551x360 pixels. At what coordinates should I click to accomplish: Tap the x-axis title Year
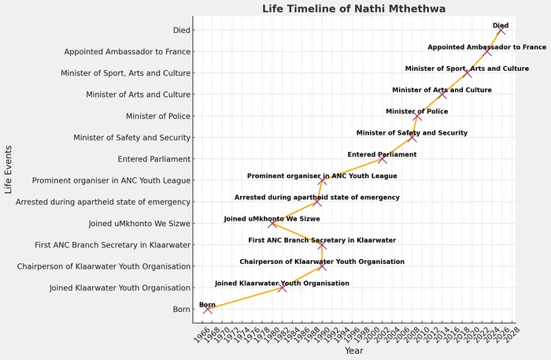[x=353, y=351]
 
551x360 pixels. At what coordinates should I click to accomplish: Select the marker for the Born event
[x=208, y=309]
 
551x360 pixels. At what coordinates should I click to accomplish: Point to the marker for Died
[x=501, y=30]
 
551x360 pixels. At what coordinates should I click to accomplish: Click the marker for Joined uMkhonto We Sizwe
[x=272, y=223]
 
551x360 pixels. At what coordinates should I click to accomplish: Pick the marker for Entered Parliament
[x=383, y=158]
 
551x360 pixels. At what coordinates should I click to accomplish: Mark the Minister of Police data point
[x=418, y=116]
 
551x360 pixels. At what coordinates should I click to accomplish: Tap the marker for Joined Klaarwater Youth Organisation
[x=283, y=288]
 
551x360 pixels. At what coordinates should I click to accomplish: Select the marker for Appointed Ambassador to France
[x=488, y=51]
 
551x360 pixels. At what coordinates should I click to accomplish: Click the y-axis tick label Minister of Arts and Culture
[x=138, y=95]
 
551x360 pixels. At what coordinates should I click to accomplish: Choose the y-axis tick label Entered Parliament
[x=153, y=159]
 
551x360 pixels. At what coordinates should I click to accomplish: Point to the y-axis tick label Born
[x=182, y=310]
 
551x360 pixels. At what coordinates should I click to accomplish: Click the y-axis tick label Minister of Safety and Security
[x=131, y=138]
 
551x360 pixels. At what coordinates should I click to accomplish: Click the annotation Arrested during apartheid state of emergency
[x=316, y=197]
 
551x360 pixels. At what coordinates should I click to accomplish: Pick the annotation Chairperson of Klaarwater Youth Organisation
[x=322, y=262]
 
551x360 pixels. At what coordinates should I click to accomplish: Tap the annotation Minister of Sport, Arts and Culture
[x=467, y=69]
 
